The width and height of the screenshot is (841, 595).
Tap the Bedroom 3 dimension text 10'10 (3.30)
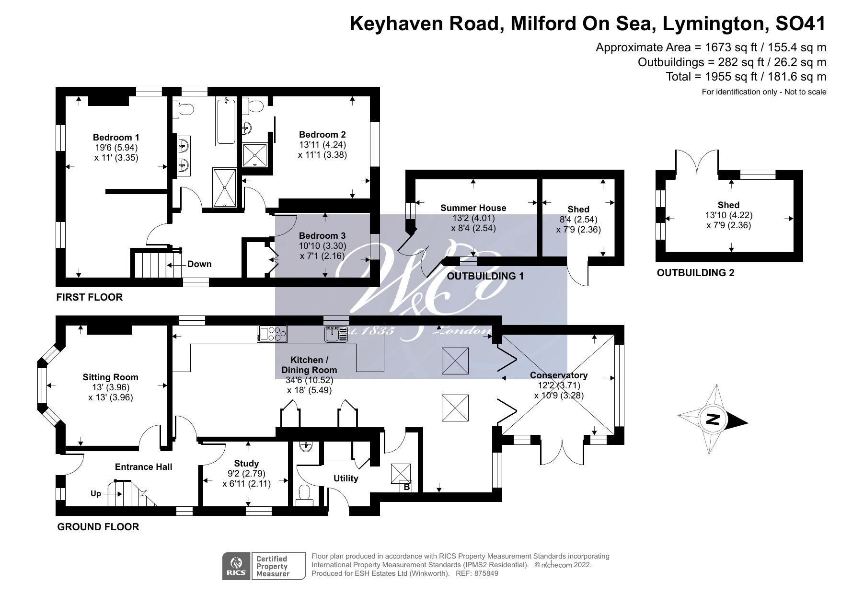click(322, 246)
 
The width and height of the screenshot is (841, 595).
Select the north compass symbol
click(713, 420)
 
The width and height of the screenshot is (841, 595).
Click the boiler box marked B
click(406, 487)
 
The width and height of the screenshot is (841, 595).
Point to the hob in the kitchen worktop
click(272, 334)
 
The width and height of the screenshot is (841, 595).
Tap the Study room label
click(246, 463)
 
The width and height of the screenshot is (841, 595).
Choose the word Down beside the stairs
click(199, 264)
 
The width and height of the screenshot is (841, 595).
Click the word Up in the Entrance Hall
click(96, 493)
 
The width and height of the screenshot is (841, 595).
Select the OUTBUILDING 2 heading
click(695, 273)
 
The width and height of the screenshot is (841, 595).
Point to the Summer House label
click(473, 208)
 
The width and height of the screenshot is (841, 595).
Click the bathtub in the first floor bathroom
click(226, 121)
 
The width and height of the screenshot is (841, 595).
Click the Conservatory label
click(559, 375)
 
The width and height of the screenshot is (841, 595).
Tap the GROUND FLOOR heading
click(98, 527)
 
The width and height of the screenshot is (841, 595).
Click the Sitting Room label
click(110, 377)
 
